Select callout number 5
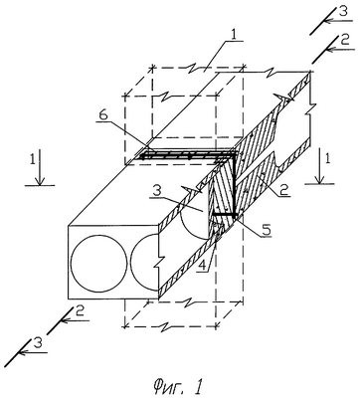point(267,229)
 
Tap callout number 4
point(201,265)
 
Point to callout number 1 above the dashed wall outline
point(234,35)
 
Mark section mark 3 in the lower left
point(38,343)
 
